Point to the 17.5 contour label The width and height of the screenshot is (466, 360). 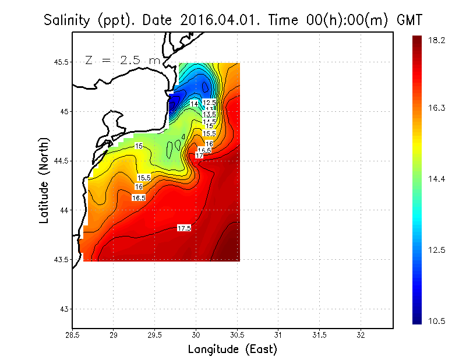tap(184, 228)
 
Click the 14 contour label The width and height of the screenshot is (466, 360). tap(195, 104)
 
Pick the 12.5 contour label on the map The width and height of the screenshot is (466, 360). tap(210, 103)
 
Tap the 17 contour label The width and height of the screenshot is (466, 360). tap(199, 156)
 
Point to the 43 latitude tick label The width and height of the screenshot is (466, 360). tap(62, 309)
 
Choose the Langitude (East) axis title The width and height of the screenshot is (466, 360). tap(232, 350)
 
